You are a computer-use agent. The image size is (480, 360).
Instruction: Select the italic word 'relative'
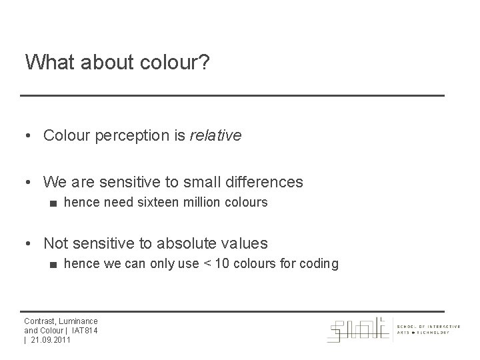coord(215,136)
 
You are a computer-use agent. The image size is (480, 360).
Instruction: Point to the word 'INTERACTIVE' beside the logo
coord(441,326)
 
